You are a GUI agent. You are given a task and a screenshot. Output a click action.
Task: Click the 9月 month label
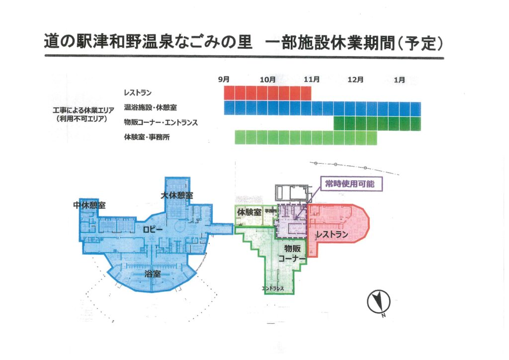click(224, 79)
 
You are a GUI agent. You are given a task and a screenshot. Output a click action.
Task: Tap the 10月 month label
click(267, 79)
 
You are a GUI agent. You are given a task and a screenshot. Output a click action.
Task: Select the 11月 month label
click(312, 79)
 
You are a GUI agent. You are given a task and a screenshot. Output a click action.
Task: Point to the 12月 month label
click(355, 79)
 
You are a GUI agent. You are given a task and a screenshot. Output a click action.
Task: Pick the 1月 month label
click(399, 79)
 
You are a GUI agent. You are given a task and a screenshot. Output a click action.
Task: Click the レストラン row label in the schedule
click(138, 92)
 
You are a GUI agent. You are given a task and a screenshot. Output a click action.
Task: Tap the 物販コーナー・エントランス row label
click(161, 122)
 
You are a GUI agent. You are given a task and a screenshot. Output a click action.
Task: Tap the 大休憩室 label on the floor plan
click(176, 196)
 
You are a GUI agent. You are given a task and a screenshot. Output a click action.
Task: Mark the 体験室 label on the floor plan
click(249, 212)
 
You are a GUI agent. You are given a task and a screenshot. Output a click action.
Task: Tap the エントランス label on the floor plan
click(273, 288)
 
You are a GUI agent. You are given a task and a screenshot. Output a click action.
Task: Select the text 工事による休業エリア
click(83, 109)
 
